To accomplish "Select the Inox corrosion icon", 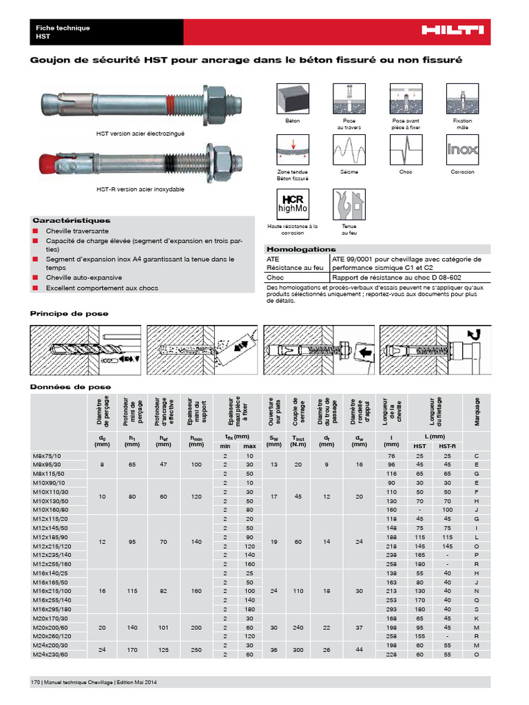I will (x=462, y=148).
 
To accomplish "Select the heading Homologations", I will (x=300, y=249).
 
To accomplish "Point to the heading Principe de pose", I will (x=68, y=313).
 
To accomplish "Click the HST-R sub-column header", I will (x=446, y=447).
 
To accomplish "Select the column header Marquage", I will (x=477, y=411).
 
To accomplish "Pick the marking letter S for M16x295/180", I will (x=477, y=609).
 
